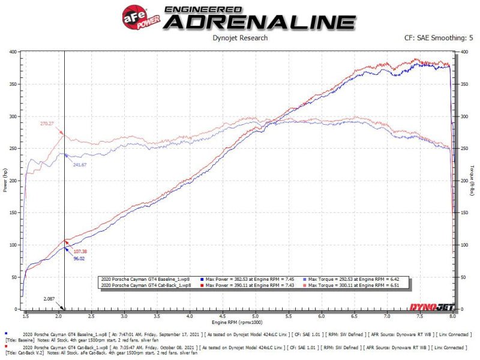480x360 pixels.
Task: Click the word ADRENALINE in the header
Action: point(259,22)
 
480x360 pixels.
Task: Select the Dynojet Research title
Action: point(239,38)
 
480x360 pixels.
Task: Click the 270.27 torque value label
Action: point(47,124)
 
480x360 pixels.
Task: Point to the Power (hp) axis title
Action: point(5,181)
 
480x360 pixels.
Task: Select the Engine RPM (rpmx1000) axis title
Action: point(240,323)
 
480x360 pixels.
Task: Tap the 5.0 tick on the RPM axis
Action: point(256,315)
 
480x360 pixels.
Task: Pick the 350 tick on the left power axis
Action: point(13,84)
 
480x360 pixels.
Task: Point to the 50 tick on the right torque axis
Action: point(463,277)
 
